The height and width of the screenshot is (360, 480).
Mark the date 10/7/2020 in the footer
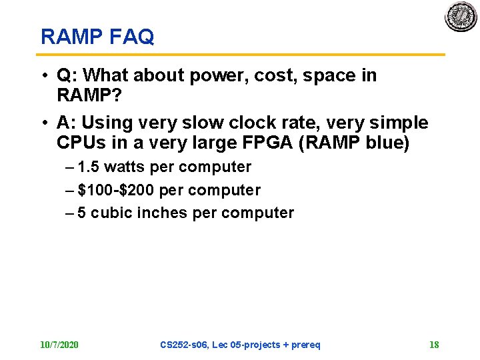(59, 345)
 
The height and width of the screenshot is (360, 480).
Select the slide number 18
(434, 345)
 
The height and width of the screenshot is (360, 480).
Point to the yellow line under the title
(240, 54)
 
